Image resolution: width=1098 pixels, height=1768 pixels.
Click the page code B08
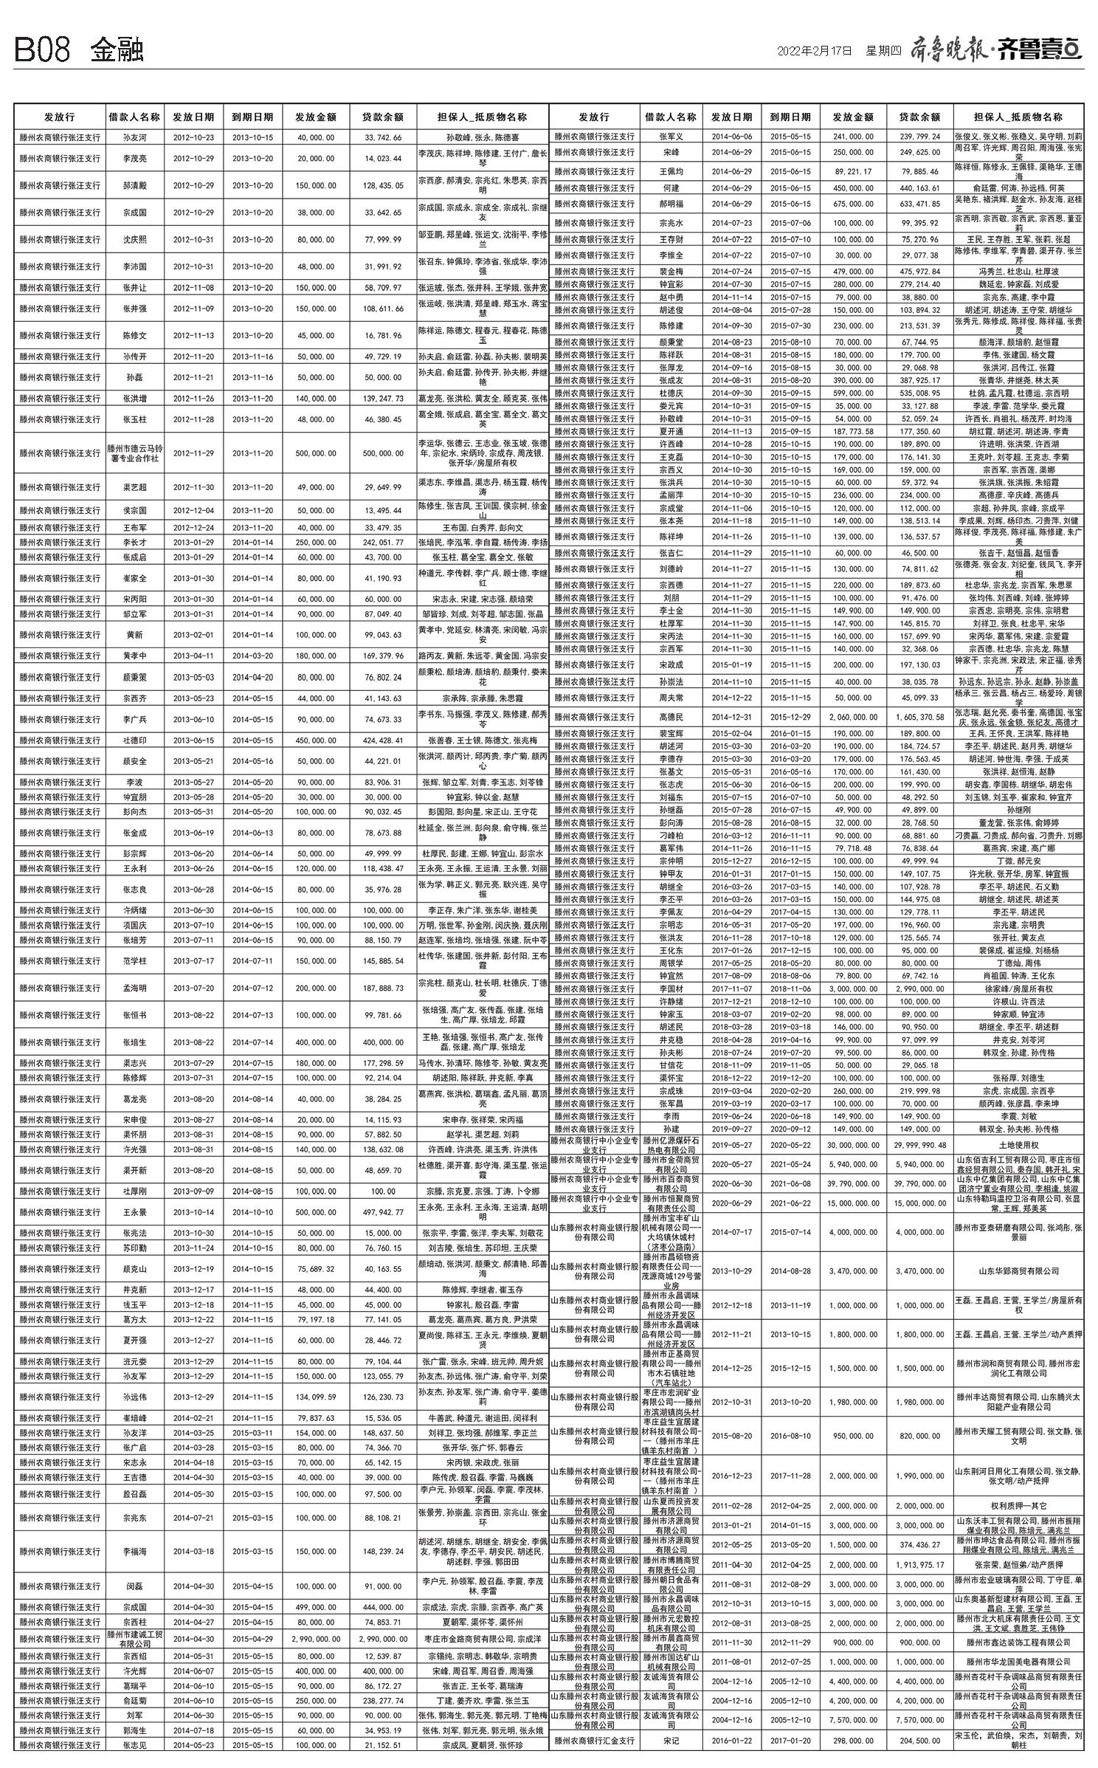point(43,50)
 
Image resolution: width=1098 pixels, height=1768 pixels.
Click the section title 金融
point(117,50)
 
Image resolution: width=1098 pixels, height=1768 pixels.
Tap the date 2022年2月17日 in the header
point(815,51)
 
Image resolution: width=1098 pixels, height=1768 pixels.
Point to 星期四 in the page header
point(883,51)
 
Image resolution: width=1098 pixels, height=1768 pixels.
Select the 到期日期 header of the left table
point(252,117)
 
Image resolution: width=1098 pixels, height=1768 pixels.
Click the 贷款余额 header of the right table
point(919,117)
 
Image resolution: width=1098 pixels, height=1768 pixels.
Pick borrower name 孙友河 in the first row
point(134,137)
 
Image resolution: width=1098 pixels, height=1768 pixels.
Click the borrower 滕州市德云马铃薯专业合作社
point(134,453)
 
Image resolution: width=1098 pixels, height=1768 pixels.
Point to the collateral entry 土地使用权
point(1018,1145)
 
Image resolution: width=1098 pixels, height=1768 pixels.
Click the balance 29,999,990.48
point(919,1145)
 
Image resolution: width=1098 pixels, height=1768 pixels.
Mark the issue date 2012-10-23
point(193,137)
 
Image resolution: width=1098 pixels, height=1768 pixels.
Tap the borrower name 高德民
point(670,717)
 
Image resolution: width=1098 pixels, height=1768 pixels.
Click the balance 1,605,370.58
point(919,717)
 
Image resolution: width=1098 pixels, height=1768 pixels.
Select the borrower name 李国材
point(670,988)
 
